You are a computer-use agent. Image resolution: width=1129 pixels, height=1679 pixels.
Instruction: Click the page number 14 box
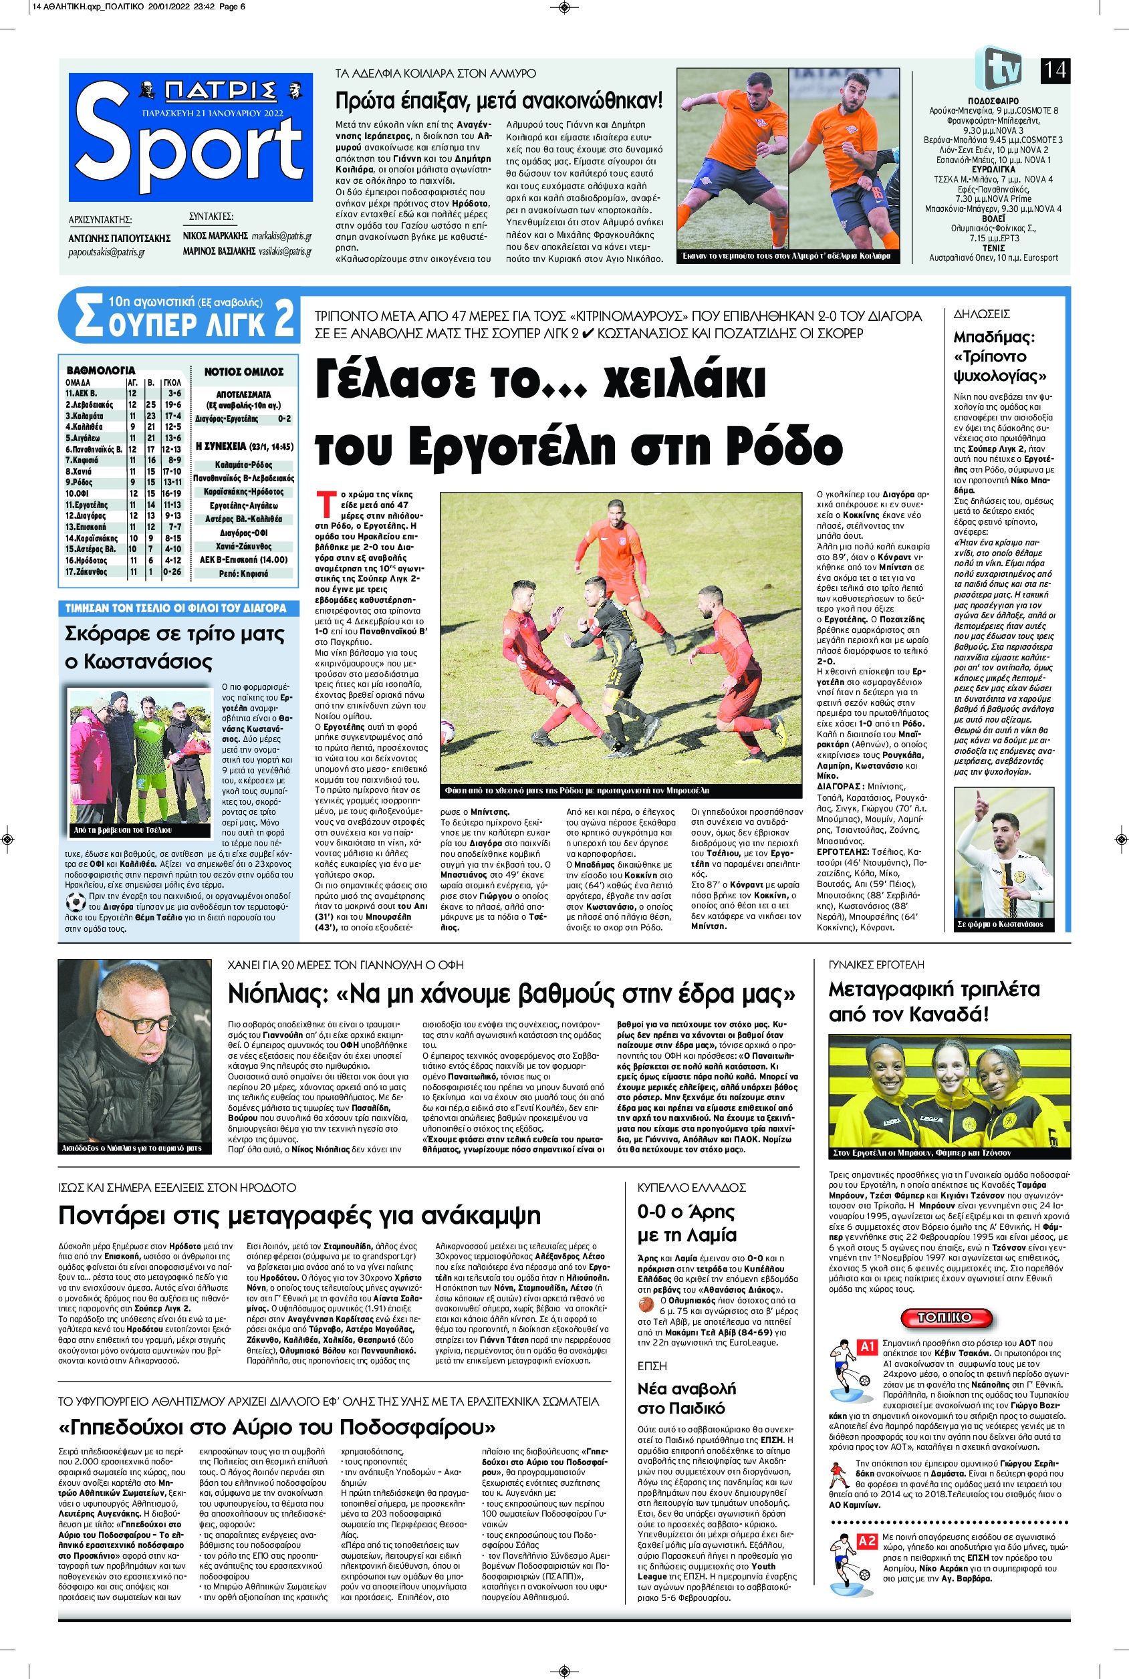(1055, 71)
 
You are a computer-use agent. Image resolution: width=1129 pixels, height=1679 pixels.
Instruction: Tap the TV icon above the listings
(1003, 68)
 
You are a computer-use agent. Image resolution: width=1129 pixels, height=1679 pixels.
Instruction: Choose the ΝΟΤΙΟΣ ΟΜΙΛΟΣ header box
(244, 372)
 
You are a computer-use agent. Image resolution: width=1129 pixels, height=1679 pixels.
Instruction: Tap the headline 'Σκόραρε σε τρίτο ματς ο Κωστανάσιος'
(175, 648)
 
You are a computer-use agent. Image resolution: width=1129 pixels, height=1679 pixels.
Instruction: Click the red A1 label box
(867, 1345)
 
